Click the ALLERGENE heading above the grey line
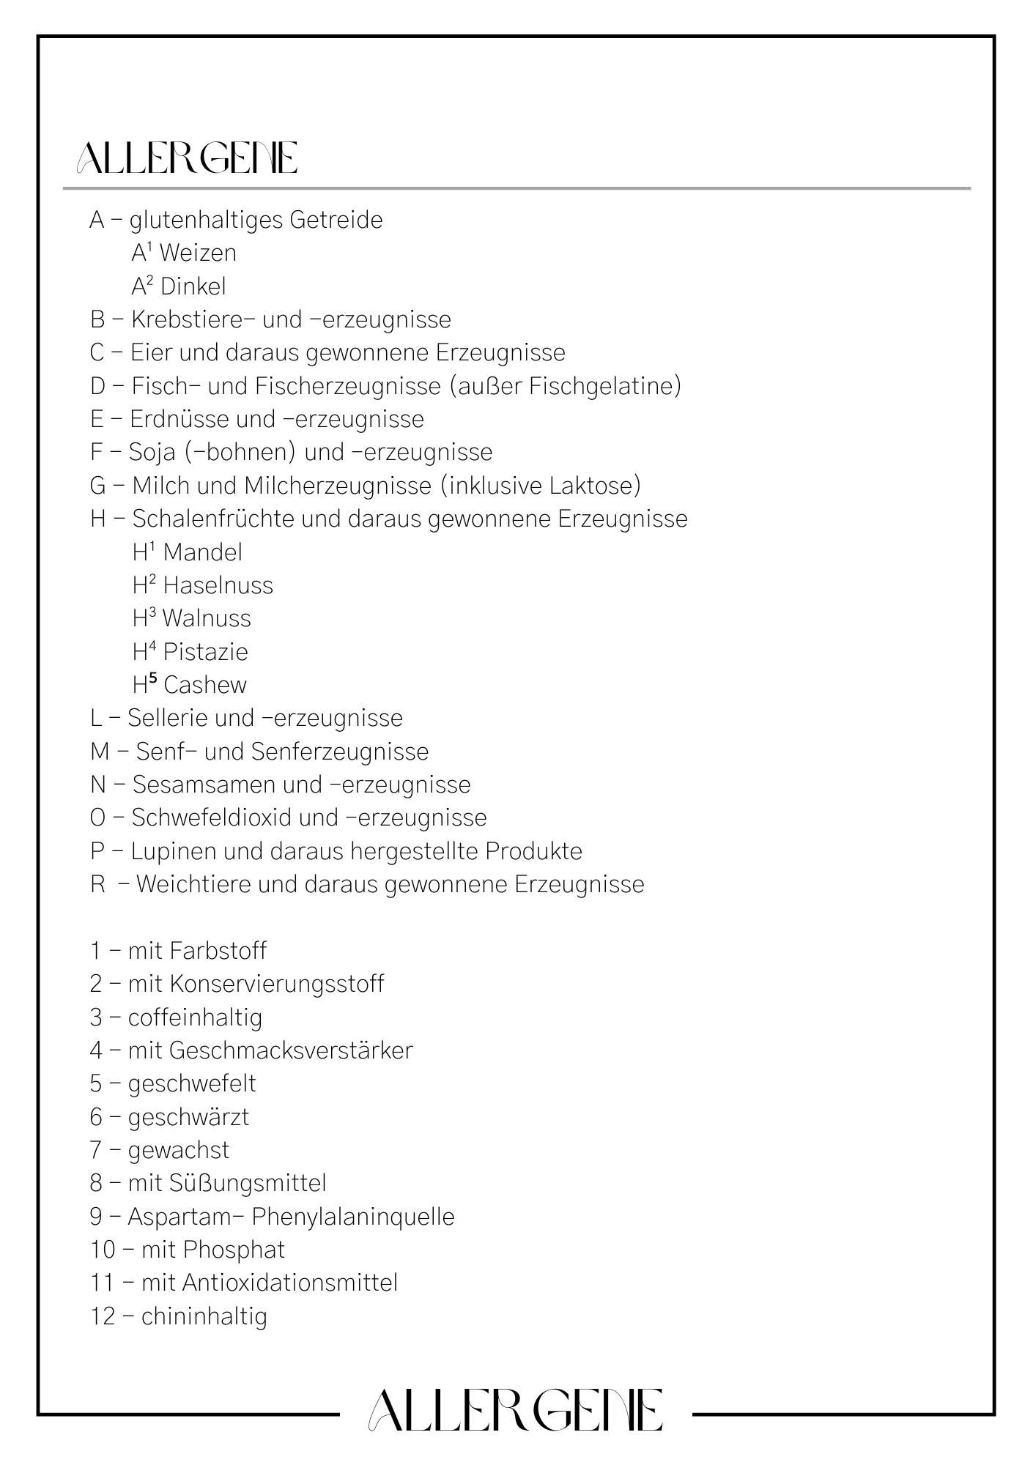[x=187, y=157]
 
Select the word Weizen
[x=198, y=253]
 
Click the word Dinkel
[x=193, y=286]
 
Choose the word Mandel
[x=203, y=552]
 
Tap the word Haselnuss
[x=218, y=585]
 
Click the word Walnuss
[x=207, y=619]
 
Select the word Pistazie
[x=206, y=652]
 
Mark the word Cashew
[x=205, y=686]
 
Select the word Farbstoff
[x=218, y=952]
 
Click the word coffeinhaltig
[x=195, y=1018]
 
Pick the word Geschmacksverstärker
[x=291, y=1051]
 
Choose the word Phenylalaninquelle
[x=353, y=1217]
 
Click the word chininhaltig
[x=204, y=1317]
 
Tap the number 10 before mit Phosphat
[x=103, y=1250]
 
